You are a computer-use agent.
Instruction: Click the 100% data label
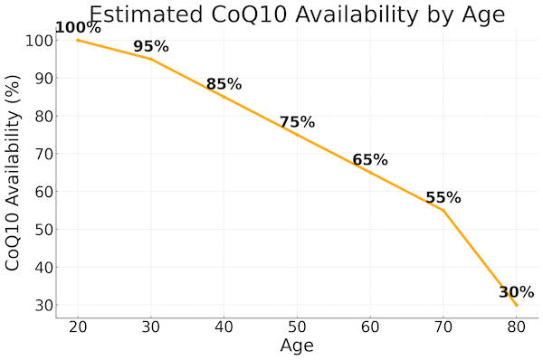pos(78,28)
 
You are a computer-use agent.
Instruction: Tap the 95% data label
pos(151,47)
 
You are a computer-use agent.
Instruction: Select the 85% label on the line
pos(224,85)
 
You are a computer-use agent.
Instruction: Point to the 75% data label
pos(297,122)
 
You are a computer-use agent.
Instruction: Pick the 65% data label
pos(370,160)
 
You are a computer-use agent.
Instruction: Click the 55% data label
pos(443,198)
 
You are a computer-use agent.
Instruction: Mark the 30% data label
pos(517,292)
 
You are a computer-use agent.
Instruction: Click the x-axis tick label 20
pos(78,327)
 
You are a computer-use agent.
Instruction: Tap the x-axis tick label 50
pos(297,327)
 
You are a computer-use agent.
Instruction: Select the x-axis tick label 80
pos(517,327)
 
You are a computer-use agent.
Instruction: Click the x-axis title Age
pos(297,346)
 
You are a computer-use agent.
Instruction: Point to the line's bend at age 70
pos(443,210)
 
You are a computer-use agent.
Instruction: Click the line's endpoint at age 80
pos(517,305)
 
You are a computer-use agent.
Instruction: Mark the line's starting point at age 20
pos(78,40)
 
